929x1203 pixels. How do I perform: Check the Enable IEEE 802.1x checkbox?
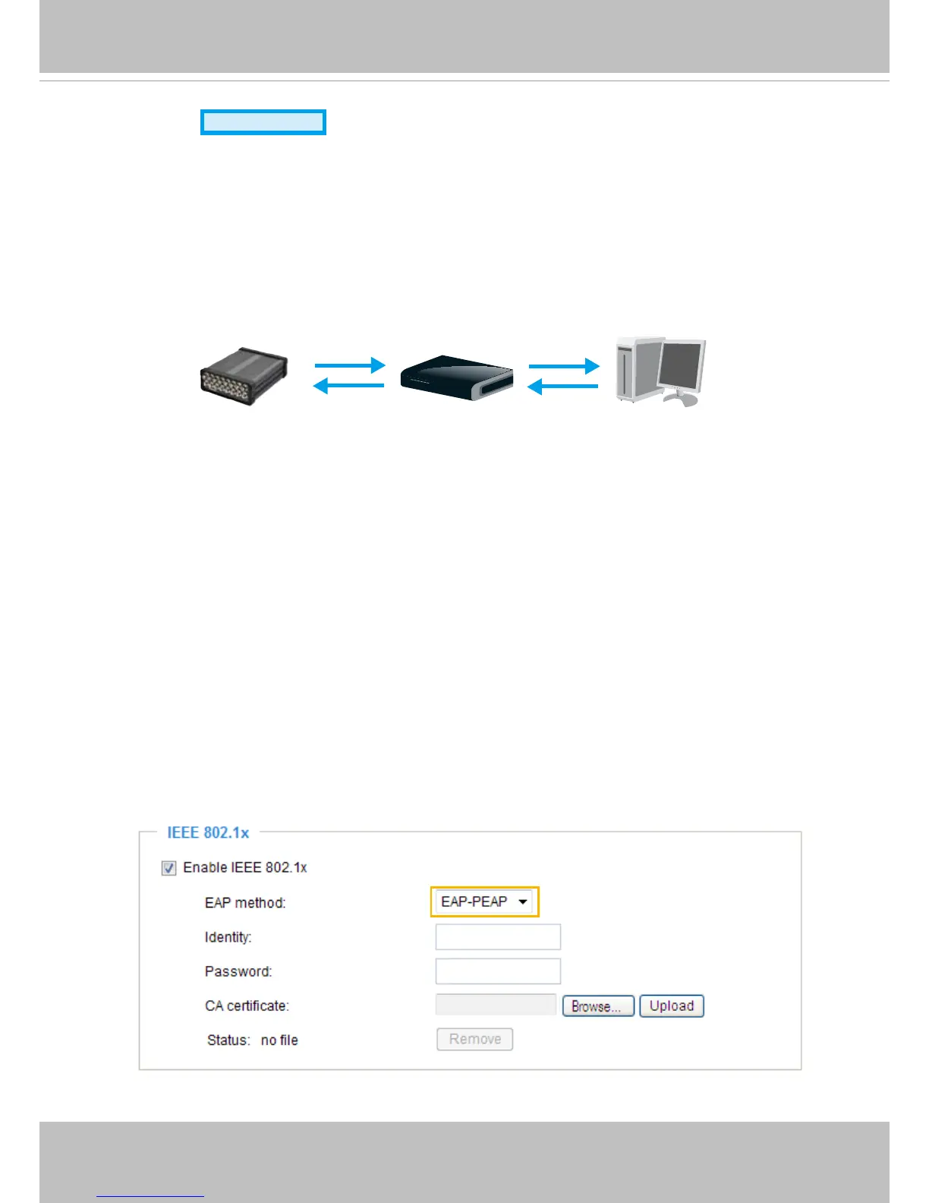point(168,868)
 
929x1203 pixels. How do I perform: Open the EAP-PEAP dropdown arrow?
point(523,901)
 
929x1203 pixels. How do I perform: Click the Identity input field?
point(498,937)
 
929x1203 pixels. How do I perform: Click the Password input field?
point(498,971)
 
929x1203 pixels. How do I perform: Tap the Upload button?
point(672,1006)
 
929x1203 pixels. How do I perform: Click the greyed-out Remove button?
point(475,1039)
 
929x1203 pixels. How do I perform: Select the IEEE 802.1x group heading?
point(208,832)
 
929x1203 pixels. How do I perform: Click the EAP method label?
point(245,903)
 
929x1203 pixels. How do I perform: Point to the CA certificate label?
point(247,1006)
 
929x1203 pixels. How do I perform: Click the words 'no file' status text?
point(279,1040)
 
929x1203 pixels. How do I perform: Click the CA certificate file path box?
point(496,1005)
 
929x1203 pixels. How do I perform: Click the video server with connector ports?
point(244,376)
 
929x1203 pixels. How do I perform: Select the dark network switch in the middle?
point(457,378)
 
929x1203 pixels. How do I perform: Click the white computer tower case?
point(635,368)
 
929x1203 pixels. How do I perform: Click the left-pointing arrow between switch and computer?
point(562,387)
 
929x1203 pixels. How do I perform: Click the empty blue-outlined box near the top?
point(263,122)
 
